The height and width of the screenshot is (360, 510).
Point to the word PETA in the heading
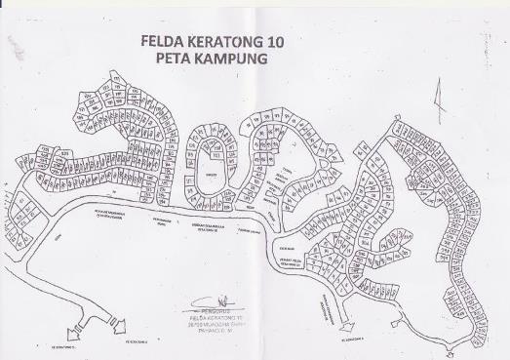(x=176, y=59)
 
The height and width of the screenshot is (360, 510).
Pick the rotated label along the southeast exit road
(x=333, y=308)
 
